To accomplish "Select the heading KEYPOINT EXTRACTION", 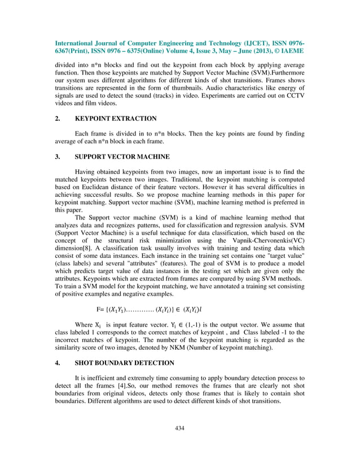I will pyautogui.click(x=116, y=119).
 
